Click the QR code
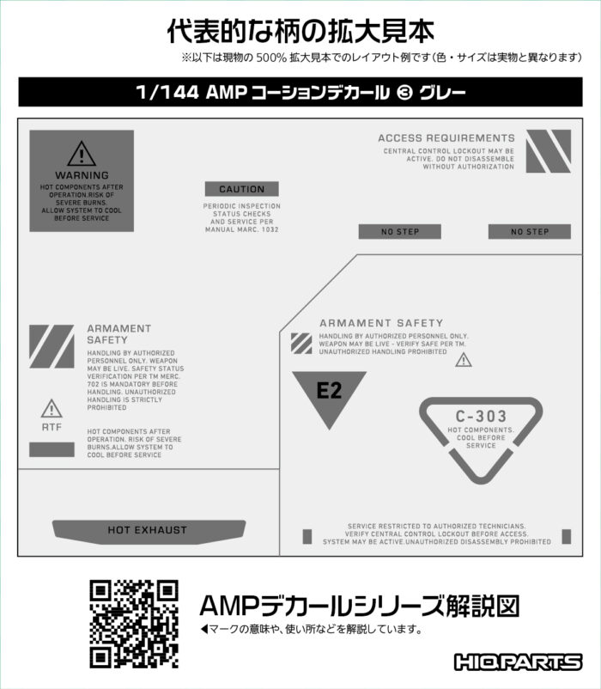coord(134,624)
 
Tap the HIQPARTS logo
coord(518,662)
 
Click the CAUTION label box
coord(242,189)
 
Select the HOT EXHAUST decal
coord(149,532)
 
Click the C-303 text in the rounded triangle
coord(481,416)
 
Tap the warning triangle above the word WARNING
coord(82,154)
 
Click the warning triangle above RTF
coord(52,408)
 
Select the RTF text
coord(52,427)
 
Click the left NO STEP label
coord(400,232)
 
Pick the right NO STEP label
coord(530,232)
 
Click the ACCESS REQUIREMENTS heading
coord(446,138)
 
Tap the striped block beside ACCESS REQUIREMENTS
coord(549,151)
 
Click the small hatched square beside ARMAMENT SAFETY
coord(301,344)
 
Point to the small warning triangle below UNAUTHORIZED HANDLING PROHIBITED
coord(464,360)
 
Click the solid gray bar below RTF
coord(52,449)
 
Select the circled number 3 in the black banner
coord(404,92)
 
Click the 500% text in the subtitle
coord(271,58)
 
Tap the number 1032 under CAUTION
coord(270,229)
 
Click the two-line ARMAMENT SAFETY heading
coord(119,334)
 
